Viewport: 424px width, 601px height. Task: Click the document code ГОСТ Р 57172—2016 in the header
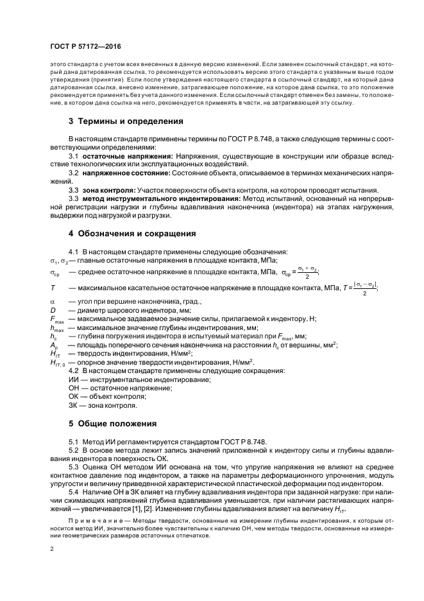point(85,48)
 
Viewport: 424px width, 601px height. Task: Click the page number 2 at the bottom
point(51,549)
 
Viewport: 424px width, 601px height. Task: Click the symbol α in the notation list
point(53,301)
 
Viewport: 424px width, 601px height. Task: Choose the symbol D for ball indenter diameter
point(53,309)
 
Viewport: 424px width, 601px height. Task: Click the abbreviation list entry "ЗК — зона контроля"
point(102,406)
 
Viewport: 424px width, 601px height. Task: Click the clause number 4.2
point(74,371)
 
